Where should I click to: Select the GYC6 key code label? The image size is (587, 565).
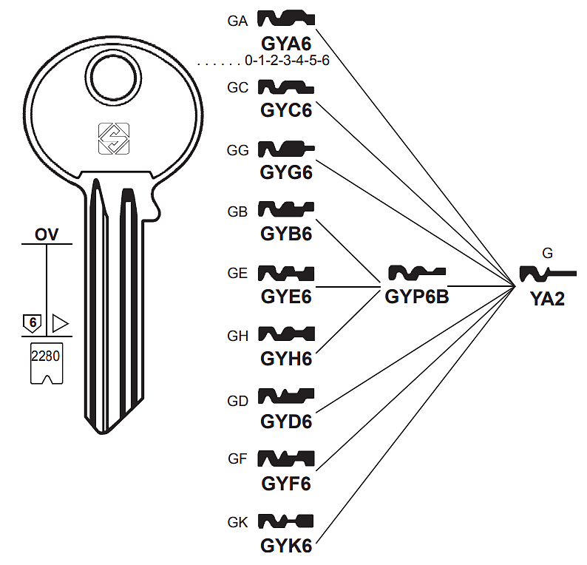click(286, 110)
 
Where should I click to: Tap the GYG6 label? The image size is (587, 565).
click(286, 173)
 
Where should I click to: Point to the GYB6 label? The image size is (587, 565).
click(286, 234)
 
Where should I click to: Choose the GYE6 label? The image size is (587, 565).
click(286, 297)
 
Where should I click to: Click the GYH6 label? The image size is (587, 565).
click(286, 359)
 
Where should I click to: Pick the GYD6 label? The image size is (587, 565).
click(286, 422)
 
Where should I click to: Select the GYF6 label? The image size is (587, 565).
click(286, 484)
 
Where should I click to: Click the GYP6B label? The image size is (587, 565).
click(417, 297)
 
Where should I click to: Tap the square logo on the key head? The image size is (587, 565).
click(114, 138)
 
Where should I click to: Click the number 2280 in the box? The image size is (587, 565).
click(46, 355)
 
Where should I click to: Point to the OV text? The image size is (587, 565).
click(47, 236)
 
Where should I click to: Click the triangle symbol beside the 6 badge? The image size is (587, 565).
click(59, 324)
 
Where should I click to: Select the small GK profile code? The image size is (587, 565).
click(237, 521)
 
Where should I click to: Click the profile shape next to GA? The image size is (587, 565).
click(287, 18)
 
